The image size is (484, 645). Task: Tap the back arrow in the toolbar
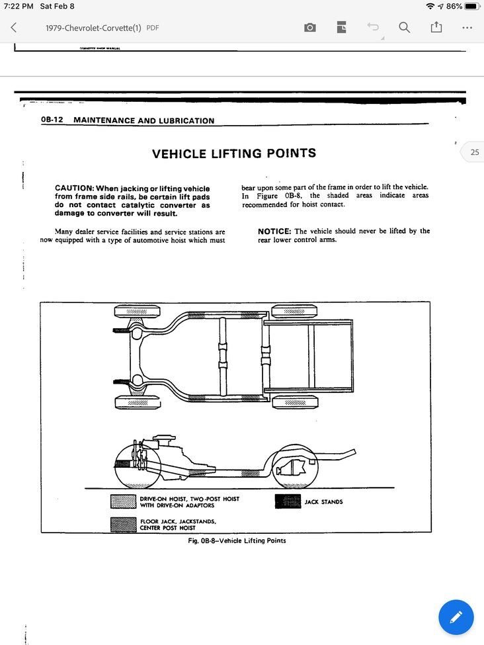(14, 28)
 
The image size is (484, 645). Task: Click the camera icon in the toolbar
(309, 28)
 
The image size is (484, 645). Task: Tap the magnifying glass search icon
(404, 28)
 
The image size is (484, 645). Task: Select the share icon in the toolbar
(436, 28)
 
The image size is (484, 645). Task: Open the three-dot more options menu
(467, 28)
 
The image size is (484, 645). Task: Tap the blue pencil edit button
(456, 617)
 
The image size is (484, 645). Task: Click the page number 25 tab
(473, 152)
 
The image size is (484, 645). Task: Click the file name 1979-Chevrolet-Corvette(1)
(93, 28)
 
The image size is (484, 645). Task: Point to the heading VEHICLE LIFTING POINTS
(234, 153)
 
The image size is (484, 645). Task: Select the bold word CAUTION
(74, 188)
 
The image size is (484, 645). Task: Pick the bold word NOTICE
(274, 231)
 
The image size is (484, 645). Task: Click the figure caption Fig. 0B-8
(237, 540)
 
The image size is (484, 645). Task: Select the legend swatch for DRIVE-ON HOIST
(123, 501)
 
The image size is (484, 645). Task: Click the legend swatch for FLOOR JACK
(123, 525)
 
